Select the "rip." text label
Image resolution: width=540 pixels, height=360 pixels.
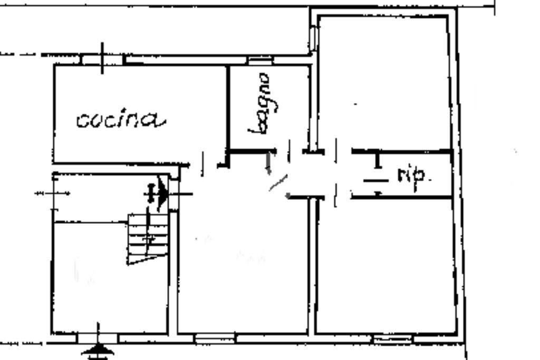414,176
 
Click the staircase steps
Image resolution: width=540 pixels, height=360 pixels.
149,237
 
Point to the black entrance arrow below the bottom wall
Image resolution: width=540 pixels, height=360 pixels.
99,349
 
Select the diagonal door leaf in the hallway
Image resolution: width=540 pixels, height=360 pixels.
278,183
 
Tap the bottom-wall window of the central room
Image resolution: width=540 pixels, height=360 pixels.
215,337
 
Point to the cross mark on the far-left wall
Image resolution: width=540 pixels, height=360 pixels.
53,193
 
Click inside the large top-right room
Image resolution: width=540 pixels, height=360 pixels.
384,84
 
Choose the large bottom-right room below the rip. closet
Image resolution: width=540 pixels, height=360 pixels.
385,264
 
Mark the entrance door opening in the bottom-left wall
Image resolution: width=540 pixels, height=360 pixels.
98,336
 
